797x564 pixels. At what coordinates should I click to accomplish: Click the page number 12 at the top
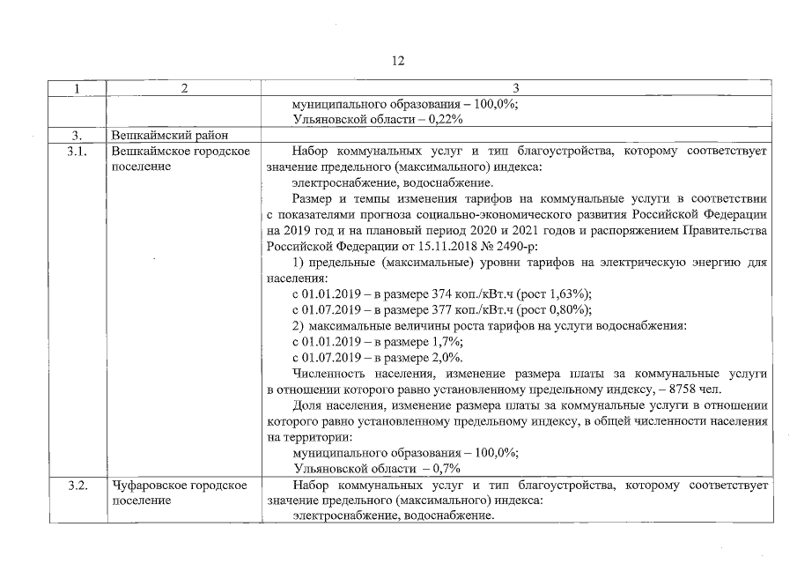[x=398, y=61]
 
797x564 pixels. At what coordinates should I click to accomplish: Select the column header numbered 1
[x=77, y=88]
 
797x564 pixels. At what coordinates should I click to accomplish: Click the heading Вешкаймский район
[x=169, y=136]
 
